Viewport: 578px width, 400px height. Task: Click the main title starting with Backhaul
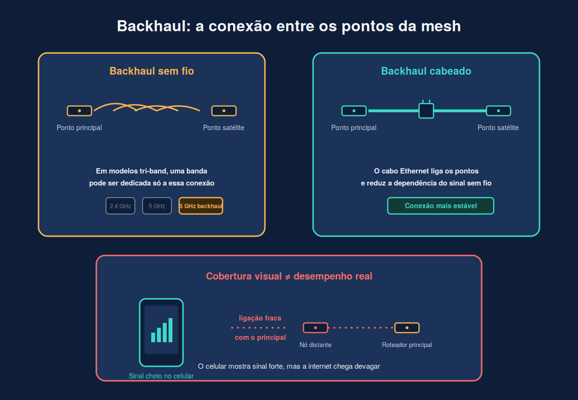click(288, 26)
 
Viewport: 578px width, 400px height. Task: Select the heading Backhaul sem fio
click(151, 71)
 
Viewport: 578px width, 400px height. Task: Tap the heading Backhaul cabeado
click(426, 71)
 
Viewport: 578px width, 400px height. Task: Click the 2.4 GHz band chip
click(120, 206)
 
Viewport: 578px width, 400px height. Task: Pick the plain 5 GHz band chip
click(157, 206)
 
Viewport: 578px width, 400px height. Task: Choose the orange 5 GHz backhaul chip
click(200, 206)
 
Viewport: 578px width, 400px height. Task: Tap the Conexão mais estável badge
click(440, 206)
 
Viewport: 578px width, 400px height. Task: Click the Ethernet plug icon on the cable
click(426, 110)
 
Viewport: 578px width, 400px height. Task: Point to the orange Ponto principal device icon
click(79, 111)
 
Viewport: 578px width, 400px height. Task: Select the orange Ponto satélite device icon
click(224, 111)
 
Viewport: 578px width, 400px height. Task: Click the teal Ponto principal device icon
click(354, 111)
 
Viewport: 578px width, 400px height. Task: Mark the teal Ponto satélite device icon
click(498, 111)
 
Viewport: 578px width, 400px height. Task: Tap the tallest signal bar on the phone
click(170, 331)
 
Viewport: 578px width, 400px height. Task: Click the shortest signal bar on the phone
click(153, 338)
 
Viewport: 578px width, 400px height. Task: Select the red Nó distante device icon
click(315, 328)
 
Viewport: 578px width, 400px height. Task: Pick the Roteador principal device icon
click(407, 328)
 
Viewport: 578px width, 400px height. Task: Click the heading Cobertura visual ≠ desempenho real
click(289, 276)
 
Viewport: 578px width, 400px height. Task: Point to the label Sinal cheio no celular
click(161, 376)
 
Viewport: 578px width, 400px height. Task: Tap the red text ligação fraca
click(260, 318)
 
